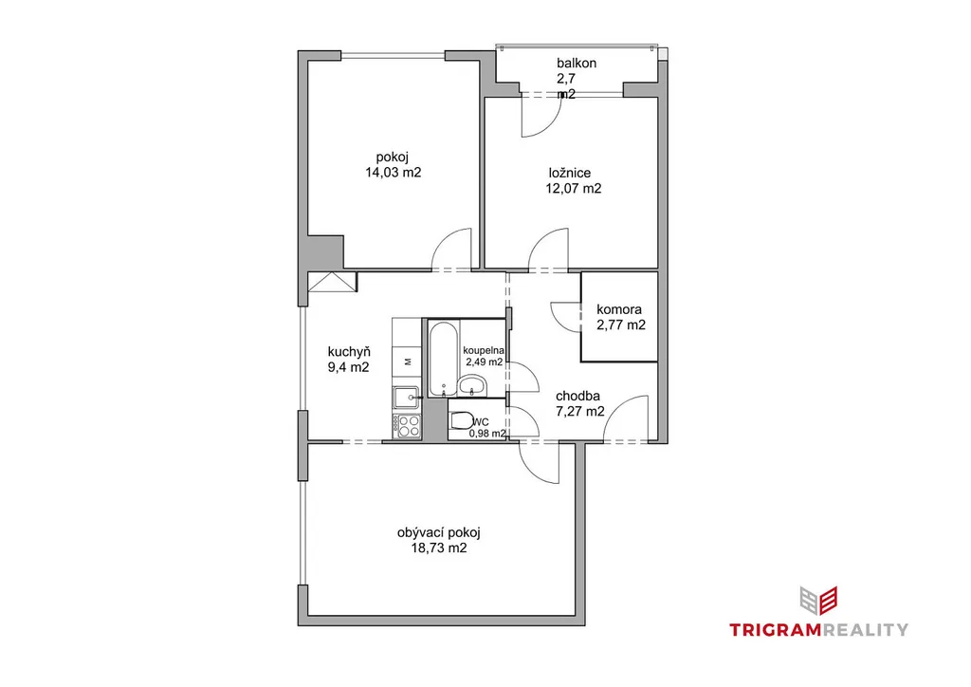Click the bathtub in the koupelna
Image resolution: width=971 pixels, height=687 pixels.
coord(444,358)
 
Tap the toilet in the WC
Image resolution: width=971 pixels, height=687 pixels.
coord(462,420)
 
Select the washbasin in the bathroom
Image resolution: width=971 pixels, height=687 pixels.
coord(472,386)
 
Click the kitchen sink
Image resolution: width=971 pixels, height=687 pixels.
coord(407,397)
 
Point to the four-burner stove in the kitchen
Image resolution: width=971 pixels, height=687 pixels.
coord(407,426)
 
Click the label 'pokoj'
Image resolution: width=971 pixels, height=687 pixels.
coord(392,158)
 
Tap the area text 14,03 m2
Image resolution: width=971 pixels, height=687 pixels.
coord(394,173)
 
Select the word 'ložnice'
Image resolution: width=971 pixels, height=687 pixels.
coord(570,173)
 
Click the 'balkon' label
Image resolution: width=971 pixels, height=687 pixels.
coord(577,64)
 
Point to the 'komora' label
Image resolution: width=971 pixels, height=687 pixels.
coord(619,309)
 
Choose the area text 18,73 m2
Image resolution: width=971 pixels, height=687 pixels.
coord(439,548)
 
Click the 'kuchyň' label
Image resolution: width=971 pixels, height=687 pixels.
coord(349,352)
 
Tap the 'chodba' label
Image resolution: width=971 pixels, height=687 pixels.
coord(577,396)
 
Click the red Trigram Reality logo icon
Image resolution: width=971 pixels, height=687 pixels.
coord(818,601)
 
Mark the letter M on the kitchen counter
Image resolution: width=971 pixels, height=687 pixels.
coord(408,362)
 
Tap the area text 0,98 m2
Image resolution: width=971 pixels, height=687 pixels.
coord(487,434)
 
